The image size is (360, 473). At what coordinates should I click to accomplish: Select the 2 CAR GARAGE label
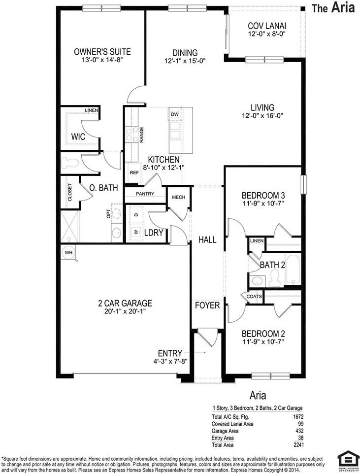click(125, 303)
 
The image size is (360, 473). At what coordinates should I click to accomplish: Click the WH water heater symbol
click(67, 252)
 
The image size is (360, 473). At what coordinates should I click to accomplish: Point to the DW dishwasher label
click(174, 114)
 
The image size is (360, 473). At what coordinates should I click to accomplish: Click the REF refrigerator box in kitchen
click(133, 173)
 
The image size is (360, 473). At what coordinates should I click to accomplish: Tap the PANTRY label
click(145, 194)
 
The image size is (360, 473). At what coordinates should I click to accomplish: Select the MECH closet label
click(178, 197)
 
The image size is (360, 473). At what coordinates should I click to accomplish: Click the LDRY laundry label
click(154, 233)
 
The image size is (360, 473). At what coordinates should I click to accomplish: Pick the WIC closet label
click(79, 136)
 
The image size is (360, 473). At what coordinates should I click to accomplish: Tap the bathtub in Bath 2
click(292, 270)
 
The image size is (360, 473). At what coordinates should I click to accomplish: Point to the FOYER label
click(207, 305)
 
